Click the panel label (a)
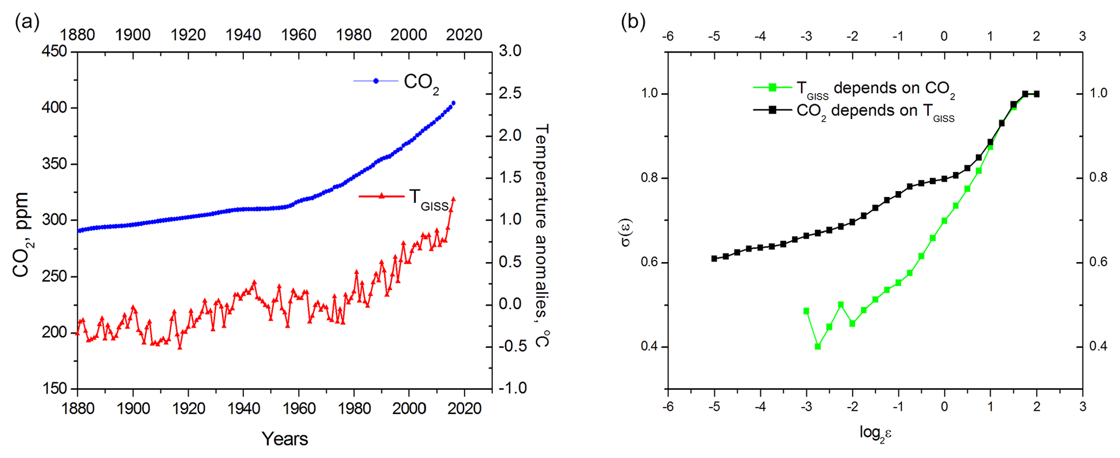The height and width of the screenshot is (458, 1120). [27, 22]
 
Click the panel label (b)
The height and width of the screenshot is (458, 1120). [633, 22]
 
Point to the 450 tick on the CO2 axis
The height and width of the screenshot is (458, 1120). [54, 51]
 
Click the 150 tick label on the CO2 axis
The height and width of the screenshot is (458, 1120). [54, 389]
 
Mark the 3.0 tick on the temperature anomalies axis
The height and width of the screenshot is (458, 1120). [510, 51]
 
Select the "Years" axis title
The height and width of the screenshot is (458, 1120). [284, 439]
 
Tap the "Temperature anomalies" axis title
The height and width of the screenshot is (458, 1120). [542, 235]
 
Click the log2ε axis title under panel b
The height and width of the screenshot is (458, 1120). [875, 433]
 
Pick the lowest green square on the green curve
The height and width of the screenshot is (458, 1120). [818, 346]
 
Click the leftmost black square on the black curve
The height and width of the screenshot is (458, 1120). [714, 259]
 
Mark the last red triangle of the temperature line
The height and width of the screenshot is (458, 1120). [453, 199]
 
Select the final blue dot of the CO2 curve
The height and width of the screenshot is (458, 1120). [453, 103]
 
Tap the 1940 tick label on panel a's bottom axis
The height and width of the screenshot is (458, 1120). [243, 409]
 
